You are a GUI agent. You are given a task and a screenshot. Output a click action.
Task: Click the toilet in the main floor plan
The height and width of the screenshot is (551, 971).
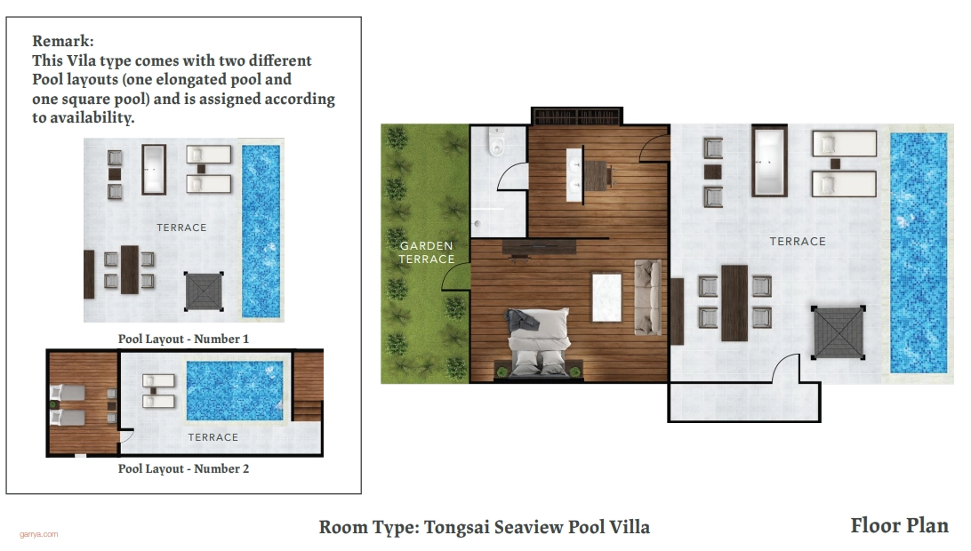[x=497, y=142]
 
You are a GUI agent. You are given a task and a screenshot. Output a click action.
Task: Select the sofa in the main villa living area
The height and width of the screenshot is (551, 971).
[x=647, y=298]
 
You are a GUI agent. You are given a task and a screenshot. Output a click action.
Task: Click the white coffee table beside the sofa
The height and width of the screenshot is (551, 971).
[x=606, y=298]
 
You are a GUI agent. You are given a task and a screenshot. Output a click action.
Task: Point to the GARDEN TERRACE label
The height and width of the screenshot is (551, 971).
[x=427, y=252]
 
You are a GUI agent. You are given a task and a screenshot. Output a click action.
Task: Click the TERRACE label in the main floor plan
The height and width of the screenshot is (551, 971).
[x=798, y=242]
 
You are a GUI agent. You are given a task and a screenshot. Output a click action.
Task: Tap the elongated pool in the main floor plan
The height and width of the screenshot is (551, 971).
[x=919, y=253]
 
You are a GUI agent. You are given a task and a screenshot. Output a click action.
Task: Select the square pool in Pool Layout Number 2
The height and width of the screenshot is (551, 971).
[x=235, y=391]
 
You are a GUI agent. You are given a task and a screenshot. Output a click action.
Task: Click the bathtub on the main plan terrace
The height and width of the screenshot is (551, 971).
[x=770, y=161]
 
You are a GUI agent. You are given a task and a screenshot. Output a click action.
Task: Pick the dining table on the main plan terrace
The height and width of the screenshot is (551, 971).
[x=734, y=303]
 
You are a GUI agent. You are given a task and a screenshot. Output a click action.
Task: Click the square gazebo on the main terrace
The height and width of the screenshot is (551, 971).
[x=839, y=332]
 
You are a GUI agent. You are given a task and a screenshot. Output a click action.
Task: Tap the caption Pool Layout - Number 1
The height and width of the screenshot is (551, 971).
[x=183, y=339]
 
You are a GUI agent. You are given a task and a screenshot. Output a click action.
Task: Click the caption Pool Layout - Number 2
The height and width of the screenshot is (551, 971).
[x=183, y=468]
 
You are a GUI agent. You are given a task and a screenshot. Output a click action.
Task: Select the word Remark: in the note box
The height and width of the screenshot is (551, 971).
[x=63, y=41]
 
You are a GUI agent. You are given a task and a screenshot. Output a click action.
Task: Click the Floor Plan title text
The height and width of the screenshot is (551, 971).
[x=899, y=525]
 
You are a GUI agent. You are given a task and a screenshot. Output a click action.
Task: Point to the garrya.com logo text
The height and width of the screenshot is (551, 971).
[x=39, y=534]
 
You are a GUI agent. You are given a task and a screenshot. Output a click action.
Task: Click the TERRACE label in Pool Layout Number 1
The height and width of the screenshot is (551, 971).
[x=181, y=228]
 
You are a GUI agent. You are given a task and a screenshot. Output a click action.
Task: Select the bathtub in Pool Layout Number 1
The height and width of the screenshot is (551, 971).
[x=154, y=170]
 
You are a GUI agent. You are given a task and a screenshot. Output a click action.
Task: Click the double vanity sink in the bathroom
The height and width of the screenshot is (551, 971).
[x=574, y=174]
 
